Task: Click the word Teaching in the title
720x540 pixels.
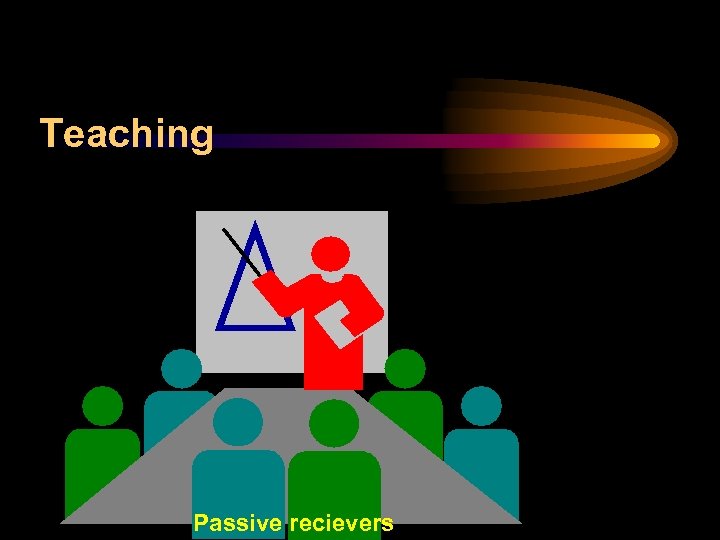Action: click(x=127, y=133)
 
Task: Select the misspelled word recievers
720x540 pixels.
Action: click(x=341, y=523)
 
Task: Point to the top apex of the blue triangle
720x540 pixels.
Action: click(x=255, y=226)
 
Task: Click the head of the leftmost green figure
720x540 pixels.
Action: click(x=102, y=406)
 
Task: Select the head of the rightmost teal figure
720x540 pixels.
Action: click(x=481, y=406)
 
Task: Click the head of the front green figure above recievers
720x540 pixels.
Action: click(x=334, y=422)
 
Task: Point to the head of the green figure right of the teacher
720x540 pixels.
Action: click(x=405, y=368)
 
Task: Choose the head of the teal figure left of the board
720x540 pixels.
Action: click(x=181, y=368)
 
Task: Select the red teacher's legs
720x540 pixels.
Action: click(x=333, y=365)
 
